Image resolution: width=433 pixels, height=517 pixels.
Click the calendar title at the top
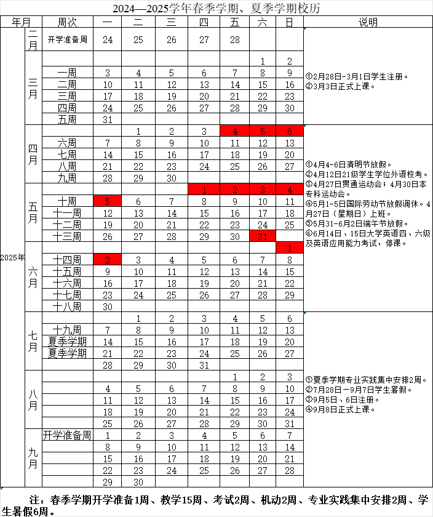point(217,9)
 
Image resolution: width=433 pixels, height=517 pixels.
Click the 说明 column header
point(368,22)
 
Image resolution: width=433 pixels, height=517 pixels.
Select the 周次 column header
point(67,22)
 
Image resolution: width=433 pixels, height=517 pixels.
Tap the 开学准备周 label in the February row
point(67,39)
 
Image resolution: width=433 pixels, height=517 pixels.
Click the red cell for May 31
point(263,236)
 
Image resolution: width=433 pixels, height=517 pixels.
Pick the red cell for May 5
point(108,201)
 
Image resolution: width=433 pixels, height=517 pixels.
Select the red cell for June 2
point(108,260)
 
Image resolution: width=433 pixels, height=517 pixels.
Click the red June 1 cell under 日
point(290,248)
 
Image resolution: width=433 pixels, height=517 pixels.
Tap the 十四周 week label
point(67,260)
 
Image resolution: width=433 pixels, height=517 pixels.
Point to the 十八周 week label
point(67,307)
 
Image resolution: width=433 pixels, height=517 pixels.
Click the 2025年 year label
point(12,257)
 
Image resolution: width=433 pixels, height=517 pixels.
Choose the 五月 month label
point(33,213)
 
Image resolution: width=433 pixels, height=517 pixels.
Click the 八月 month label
point(33,399)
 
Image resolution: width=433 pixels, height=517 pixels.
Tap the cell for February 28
point(234,39)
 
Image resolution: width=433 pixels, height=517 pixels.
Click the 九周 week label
point(67,178)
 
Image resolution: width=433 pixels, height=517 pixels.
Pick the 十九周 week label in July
point(67,330)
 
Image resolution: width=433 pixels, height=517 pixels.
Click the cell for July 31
point(204,365)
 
